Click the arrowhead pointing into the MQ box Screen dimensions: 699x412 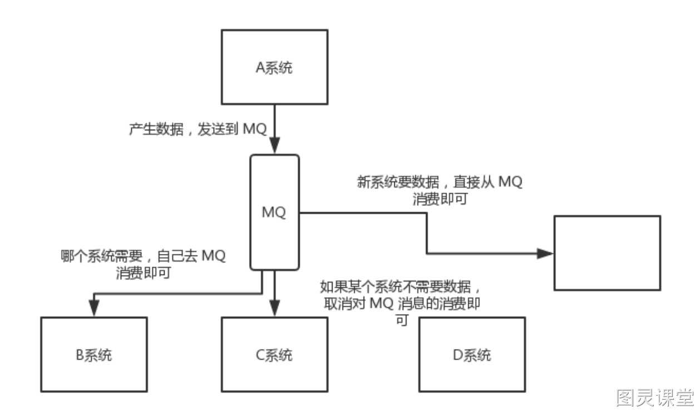click(275, 145)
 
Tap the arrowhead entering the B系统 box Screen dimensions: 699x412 click(94, 308)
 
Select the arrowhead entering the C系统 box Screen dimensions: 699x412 click(275, 308)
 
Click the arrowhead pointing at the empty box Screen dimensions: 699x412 click(545, 253)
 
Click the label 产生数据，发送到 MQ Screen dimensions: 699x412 click(198, 129)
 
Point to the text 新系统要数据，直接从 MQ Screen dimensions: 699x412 click(440, 182)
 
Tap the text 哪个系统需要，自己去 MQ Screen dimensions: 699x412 click(143, 256)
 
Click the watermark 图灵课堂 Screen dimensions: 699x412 click(655, 398)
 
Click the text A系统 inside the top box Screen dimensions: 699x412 click(274, 67)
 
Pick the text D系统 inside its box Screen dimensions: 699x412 click(472, 355)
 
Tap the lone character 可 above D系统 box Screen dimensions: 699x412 click(402, 320)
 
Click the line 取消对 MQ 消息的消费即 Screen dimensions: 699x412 click(402, 303)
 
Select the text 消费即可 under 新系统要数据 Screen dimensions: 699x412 click(440, 199)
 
